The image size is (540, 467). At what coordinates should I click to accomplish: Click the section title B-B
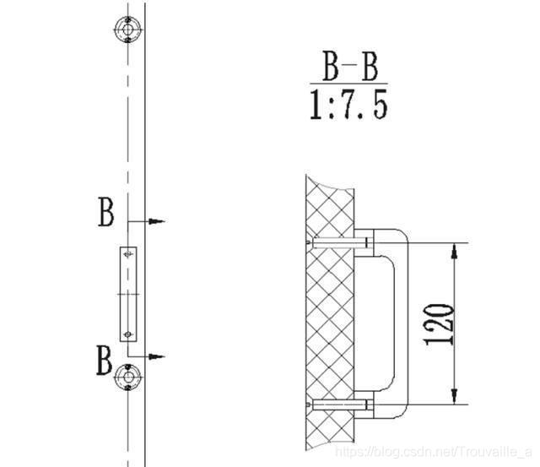(350, 66)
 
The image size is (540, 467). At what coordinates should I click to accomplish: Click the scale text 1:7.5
(349, 104)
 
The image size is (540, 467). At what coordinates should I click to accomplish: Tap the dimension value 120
(439, 324)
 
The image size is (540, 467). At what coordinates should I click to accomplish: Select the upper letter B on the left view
(105, 212)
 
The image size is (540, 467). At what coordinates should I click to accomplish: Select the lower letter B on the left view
(104, 360)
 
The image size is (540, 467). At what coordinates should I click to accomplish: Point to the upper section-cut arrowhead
(157, 221)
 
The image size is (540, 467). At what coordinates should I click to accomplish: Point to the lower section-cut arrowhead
(157, 356)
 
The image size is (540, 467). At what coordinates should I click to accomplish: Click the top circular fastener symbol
(127, 30)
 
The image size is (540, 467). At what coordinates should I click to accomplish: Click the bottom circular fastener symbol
(127, 377)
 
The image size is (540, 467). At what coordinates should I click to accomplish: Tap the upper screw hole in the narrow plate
(128, 255)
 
